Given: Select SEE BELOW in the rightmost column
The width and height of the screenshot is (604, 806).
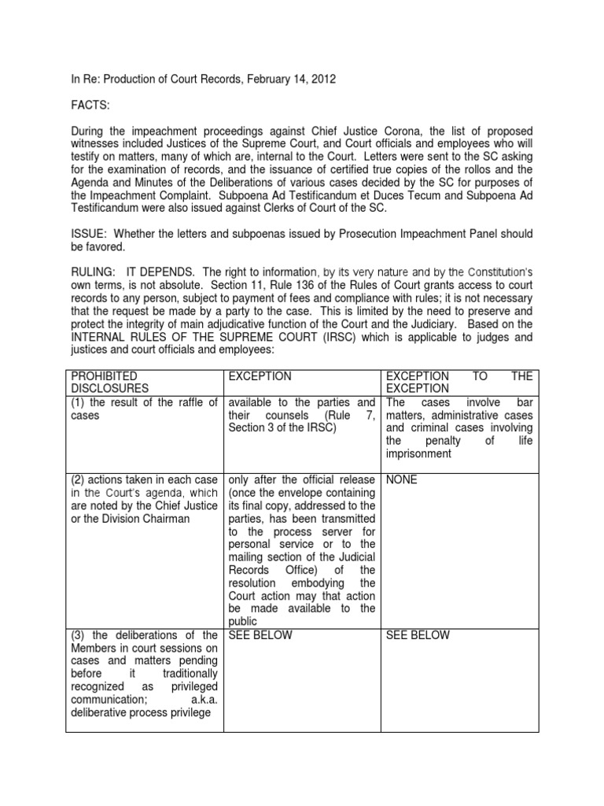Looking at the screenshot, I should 418,635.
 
